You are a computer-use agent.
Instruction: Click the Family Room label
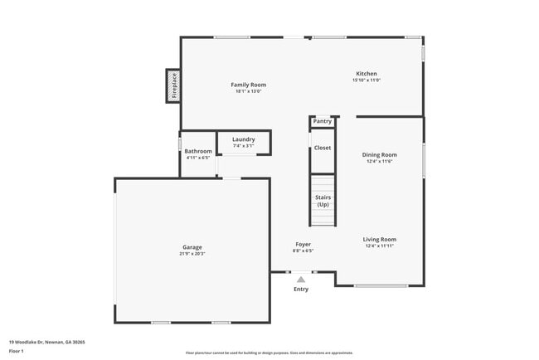pyautogui.click(x=248, y=85)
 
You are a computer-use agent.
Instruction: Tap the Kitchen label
pyautogui.click(x=367, y=74)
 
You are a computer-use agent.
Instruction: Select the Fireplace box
pyautogui.click(x=173, y=86)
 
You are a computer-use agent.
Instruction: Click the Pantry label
pyautogui.click(x=323, y=122)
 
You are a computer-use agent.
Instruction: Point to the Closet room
pyautogui.click(x=323, y=148)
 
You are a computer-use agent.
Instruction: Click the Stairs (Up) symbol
pyautogui.click(x=323, y=201)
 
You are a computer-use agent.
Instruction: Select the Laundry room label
pyautogui.click(x=243, y=139)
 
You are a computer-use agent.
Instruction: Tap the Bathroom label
pyautogui.click(x=198, y=151)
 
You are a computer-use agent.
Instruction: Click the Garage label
pyautogui.click(x=192, y=247)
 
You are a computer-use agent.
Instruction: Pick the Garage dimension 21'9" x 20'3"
pyautogui.click(x=192, y=254)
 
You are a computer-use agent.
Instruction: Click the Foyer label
pyautogui.click(x=303, y=244)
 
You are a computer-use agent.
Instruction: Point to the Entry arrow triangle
pyautogui.click(x=301, y=280)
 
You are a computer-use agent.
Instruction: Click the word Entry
pyautogui.click(x=301, y=289)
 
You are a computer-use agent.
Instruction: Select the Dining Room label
pyautogui.click(x=379, y=154)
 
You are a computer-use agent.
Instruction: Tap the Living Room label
pyautogui.click(x=379, y=240)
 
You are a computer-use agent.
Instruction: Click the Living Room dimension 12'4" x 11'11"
pyautogui.click(x=379, y=246)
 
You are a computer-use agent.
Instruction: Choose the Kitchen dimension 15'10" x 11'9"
pyautogui.click(x=367, y=80)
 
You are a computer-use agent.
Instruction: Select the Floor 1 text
pyautogui.click(x=17, y=352)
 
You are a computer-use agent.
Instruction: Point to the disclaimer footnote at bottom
pyautogui.click(x=269, y=353)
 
